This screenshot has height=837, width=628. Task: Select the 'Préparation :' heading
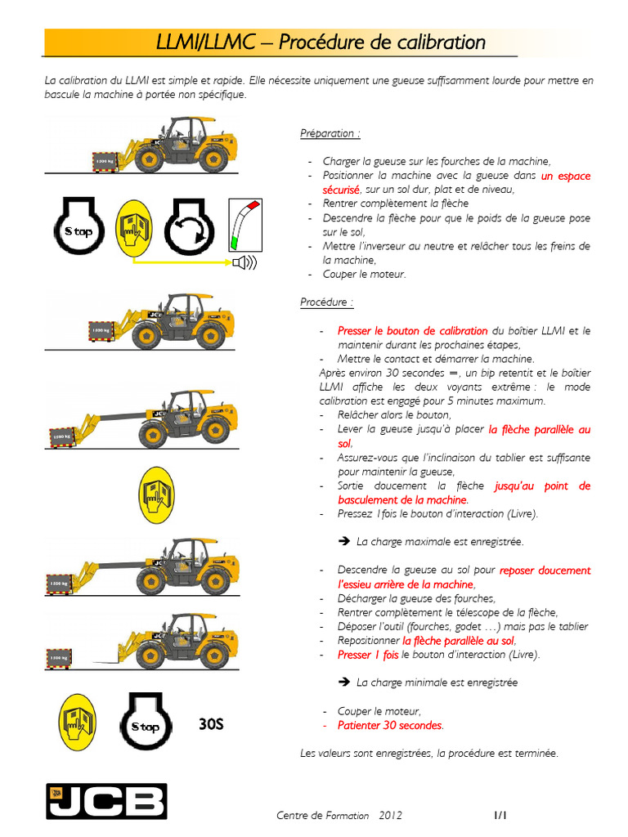point(330,133)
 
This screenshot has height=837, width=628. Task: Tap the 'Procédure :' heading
point(327,302)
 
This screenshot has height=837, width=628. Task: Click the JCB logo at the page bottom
point(105,801)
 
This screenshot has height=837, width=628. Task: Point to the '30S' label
point(211,724)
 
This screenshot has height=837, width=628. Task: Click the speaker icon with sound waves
point(244,262)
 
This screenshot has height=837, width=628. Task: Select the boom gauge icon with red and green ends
point(244,224)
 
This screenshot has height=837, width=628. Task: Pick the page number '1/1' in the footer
point(500,815)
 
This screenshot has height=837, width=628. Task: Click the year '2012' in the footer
point(390,816)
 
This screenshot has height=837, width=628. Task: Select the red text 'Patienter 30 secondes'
point(390,725)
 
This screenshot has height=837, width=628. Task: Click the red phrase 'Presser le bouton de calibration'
point(412,331)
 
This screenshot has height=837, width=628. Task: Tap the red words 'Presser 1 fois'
point(368,655)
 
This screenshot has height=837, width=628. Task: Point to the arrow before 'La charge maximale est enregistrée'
point(343,542)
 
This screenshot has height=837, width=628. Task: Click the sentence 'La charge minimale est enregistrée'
point(437,683)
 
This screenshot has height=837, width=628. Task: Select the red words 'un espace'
point(565,176)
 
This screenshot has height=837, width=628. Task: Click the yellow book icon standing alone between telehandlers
point(155,495)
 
